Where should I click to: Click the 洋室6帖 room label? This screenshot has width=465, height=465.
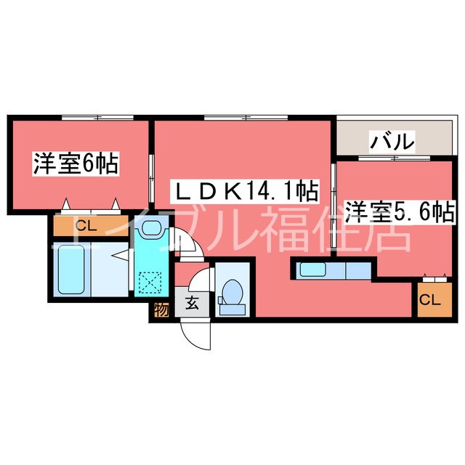coord(76,163)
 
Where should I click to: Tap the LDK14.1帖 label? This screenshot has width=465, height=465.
coord(245,191)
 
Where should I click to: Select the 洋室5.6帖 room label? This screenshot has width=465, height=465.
coord(399,211)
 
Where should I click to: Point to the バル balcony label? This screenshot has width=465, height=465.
coord(392,141)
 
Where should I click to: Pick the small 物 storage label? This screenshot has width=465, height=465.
coord(161,310)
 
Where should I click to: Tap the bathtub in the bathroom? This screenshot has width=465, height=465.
coord(71,270)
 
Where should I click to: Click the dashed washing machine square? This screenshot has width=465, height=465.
coord(150,283)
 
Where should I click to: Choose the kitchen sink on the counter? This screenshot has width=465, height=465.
coord(313,270)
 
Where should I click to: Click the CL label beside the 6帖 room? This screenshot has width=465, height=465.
coord(86,227)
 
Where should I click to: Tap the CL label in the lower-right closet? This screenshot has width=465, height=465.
coord(430,300)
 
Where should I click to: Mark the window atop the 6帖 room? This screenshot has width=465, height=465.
coord(97,118)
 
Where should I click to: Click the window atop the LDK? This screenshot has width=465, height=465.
coord(246,118)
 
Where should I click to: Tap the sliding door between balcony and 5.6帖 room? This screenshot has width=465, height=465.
coord(395,158)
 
